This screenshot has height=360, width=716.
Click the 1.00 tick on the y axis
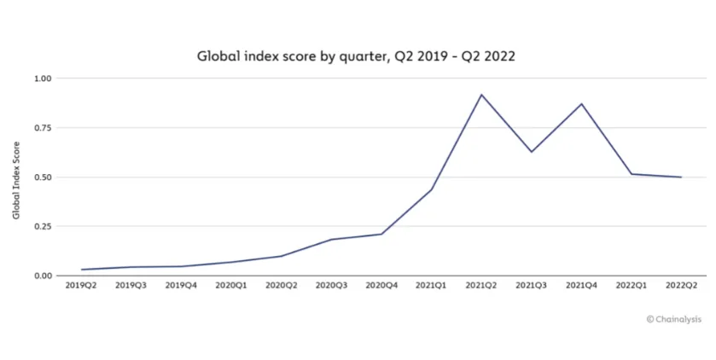(43, 78)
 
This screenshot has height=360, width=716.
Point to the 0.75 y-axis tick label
(43, 128)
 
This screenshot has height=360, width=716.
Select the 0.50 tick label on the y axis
(43, 177)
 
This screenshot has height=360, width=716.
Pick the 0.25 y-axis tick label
(43, 227)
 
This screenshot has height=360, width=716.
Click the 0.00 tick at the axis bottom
(43, 276)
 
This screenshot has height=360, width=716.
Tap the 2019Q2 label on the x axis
(82, 287)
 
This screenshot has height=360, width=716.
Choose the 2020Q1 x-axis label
(231, 287)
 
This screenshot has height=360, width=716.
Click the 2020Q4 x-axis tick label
(381, 287)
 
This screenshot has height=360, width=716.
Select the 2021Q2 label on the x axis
(481, 287)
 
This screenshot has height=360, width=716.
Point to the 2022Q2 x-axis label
(681, 287)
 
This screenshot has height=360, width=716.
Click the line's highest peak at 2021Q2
(481, 95)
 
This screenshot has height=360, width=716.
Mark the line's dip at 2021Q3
(532, 152)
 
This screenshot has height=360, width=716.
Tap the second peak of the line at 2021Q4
(581, 104)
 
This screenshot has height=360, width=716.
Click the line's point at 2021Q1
(432, 189)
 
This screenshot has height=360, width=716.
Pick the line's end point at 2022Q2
(681, 177)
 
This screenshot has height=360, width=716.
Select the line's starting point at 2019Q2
(82, 270)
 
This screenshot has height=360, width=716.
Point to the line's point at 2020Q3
(331, 240)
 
